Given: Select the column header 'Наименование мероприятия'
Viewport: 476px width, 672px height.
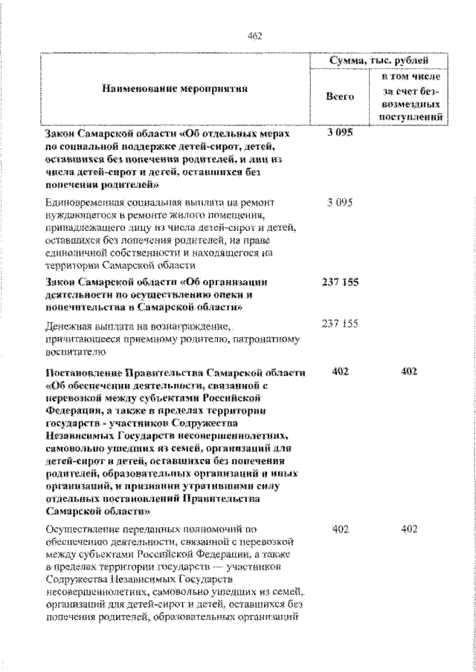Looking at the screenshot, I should [173, 89].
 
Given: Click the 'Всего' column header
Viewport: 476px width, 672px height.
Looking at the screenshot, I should [341, 97].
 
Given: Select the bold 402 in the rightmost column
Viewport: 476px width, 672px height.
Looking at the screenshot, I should [409, 371].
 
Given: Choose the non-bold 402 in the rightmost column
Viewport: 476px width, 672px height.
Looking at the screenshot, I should [409, 529].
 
